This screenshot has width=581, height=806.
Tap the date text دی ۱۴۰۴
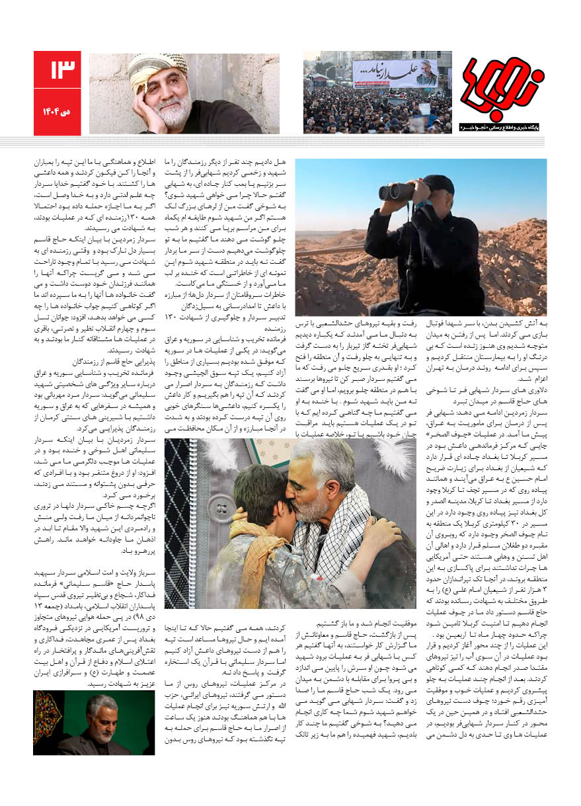59,112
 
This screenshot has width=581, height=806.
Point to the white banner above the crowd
395,73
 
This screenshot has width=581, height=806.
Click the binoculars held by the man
397,191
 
